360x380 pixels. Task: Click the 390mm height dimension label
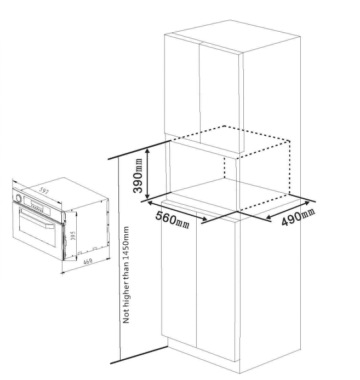pyautogui.click(x=138, y=175)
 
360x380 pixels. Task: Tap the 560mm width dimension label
pyautogui.click(x=173, y=220)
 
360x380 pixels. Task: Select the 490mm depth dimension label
pyautogui.click(x=298, y=216)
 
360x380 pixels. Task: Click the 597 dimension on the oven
pyautogui.click(x=44, y=192)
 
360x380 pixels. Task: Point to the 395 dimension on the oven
pyautogui.click(x=73, y=235)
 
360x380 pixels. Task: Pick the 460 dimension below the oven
pyautogui.click(x=88, y=261)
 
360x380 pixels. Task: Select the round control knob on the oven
pyautogui.click(x=18, y=198)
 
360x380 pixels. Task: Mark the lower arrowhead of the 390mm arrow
pyautogui.click(x=147, y=196)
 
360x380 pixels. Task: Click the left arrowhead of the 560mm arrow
pyautogui.click(x=150, y=203)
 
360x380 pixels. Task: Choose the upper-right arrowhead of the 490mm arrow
pyautogui.click(x=306, y=203)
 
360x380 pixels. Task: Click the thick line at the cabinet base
pyautogui.click(x=139, y=355)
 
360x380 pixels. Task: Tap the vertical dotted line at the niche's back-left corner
pyautogui.click(x=225, y=168)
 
